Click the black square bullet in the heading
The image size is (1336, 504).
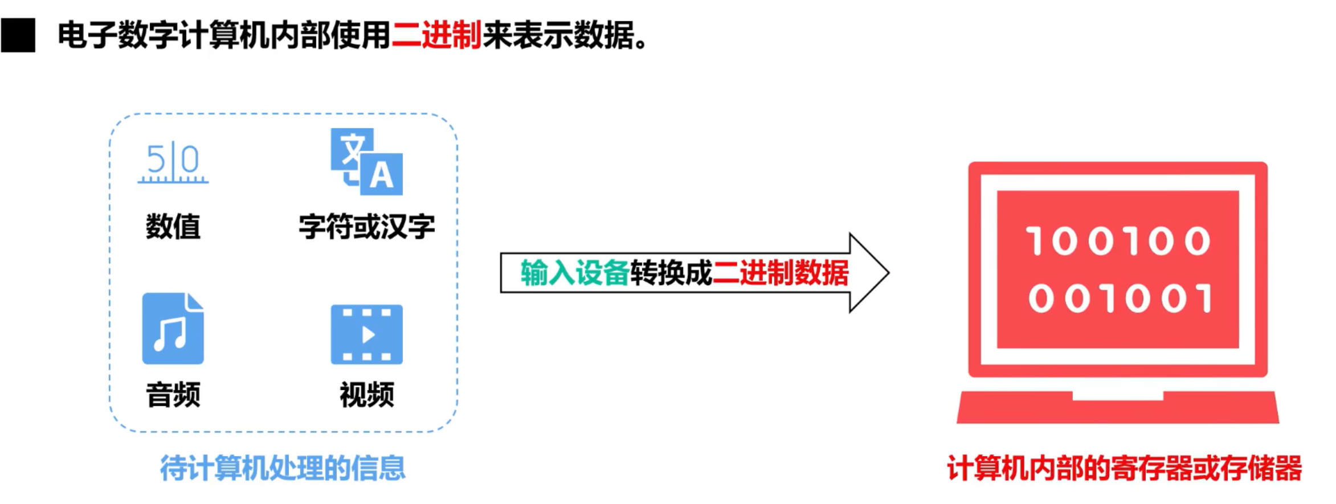pyautogui.click(x=18, y=35)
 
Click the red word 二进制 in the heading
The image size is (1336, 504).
pyautogui.click(x=436, y=35)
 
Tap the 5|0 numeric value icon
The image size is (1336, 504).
pyautogui.click(x=173, y=163)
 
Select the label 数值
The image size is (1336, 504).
pyautogui.click(x=173, y=227)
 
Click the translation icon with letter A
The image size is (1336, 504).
pyautogui.click(x=367, y=162)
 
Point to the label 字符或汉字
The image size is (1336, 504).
pyautogui.click(x=367, y=227)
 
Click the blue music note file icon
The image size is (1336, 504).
pyautogui.click(x=173, y=329)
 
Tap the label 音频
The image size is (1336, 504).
pyautogui.click(x=173, y=395)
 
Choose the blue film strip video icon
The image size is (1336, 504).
pyautogui.click(x=367, y=334)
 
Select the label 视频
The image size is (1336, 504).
pyautogui.click(x=367, y=395)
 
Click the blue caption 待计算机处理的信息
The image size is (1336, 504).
pyautogui.click(x=283, y=468)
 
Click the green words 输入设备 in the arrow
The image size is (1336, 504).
pyautogui.click(x=574, y=273)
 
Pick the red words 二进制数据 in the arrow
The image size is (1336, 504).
pyautogui.click(x=781, y=273)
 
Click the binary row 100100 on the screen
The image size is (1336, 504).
pyautogui.click(x=1118, y=241)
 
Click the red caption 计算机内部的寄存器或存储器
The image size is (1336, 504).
pyautogui.click(x=1124, y=468)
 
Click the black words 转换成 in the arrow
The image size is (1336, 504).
pyautogui.click(x=671, y=273)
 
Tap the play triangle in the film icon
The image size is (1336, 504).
pyautogui.click(x=369, y=334)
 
